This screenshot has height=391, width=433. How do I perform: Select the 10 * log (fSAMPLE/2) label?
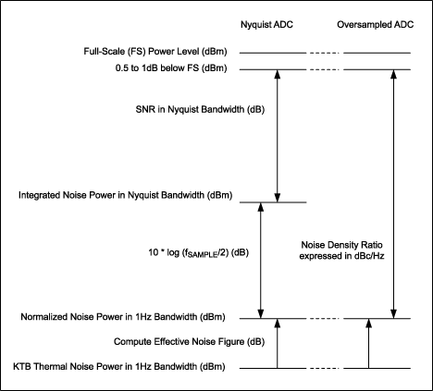click(174, 250)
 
